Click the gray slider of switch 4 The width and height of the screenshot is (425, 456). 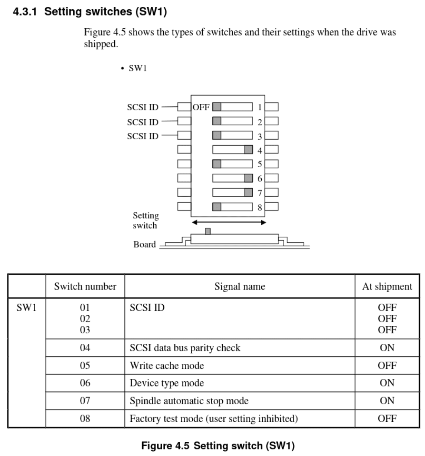(248, 150)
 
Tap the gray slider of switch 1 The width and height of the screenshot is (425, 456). (217, 107)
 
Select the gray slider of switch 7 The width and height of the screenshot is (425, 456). (248, 193)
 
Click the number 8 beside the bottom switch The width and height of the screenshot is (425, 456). (260, 207)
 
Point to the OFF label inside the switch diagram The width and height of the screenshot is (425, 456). (201, 107)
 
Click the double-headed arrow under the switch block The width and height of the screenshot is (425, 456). (229, 223)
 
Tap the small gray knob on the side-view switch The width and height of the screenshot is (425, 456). (208, 231)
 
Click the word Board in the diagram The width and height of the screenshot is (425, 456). (144, 245)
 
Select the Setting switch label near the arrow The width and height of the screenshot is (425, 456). (146, 220)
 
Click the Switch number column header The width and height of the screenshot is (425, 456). (85, 287)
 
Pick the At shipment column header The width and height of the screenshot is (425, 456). (387, 287)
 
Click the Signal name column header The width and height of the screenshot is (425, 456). (239, 287)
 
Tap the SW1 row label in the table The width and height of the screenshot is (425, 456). (26, 308)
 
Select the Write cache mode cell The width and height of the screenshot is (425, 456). (167, 366)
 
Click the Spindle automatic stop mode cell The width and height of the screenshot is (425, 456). (189, 401)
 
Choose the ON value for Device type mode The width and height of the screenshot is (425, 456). (387, 383)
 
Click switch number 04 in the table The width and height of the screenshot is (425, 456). (85, 348)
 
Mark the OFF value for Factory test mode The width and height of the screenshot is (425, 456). (387, 419)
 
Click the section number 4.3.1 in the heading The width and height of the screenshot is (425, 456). (24, 12)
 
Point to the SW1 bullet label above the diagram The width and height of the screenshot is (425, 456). (138, 68)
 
